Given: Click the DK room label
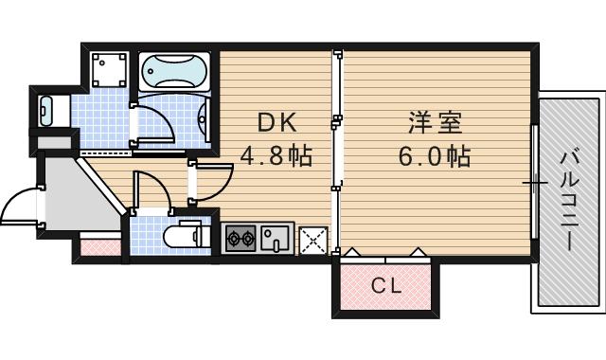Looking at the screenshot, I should pos(277,121).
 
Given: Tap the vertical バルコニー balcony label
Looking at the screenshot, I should pos(570,199).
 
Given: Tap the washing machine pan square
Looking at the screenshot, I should pos(110,69).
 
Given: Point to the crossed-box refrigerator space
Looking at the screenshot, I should pos(312,241).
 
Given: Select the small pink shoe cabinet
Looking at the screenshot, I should pos(99,248).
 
